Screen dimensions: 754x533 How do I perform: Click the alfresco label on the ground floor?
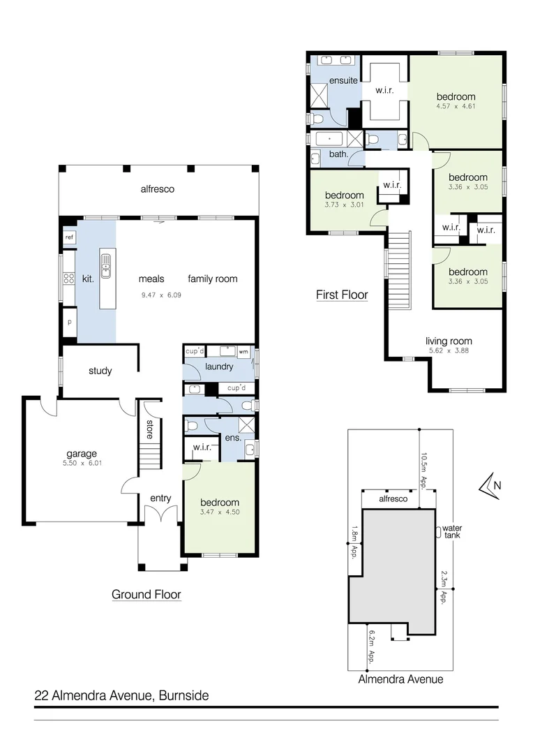point(157,188)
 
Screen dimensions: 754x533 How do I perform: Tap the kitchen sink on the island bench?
point(106,265)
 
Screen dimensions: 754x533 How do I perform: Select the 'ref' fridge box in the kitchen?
point(69,238)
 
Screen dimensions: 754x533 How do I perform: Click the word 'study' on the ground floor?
point(100,371)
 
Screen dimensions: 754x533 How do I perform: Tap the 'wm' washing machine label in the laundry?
point(243,353)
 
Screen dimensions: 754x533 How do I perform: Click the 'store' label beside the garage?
point(149,428)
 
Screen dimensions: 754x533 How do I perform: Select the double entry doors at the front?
point(160,517)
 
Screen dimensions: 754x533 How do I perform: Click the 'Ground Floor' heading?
point(147,595)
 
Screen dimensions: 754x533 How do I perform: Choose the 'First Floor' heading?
point(342,295)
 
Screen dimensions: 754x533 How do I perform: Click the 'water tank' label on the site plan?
point(452,531)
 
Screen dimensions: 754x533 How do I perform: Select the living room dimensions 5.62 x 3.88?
point(449,350)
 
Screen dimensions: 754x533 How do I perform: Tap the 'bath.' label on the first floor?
point(338,154)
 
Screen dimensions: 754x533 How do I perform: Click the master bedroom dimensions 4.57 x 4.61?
point(456,107)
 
